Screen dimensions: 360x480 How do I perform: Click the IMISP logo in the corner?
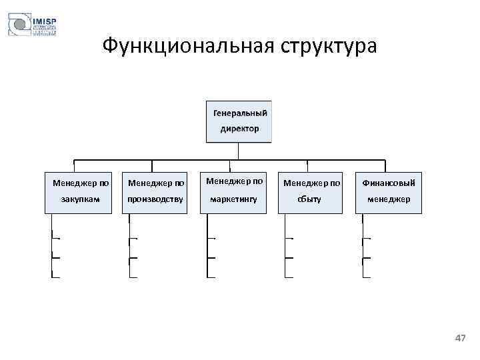(x=32, y=26)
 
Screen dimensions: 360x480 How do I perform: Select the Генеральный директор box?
(x=239, y=121)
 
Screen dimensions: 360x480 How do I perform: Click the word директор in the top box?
(x=239, y=129)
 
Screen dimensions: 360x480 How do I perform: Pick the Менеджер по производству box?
(x=155, y=191)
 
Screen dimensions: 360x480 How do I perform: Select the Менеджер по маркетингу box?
(x=234, y=191)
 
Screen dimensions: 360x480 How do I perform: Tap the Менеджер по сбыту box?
(x=311, y=191)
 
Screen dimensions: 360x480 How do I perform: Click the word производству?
(x=155, y=199)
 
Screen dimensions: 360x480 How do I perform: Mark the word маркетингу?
(x=234, y=199)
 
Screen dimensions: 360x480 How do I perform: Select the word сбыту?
(x=311, y=199)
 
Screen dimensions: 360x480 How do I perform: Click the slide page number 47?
(x=460, y=339)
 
